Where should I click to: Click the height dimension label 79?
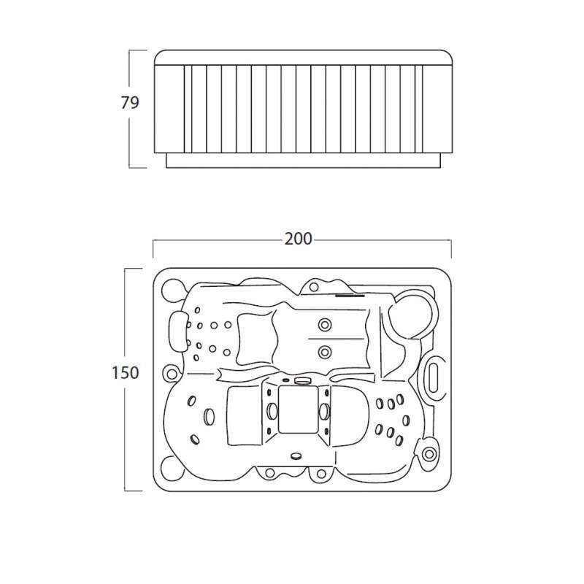[130, 102]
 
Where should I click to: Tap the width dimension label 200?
[299, 239]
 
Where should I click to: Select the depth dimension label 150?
[126, 372]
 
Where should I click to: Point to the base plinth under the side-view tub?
[303, 160]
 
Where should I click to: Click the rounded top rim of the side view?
[303, 58]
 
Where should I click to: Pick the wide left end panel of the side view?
[169, 109]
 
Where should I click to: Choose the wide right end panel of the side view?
[437, 109]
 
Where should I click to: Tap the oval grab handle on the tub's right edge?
[433, 377]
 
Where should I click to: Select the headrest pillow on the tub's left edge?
[178, 331]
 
